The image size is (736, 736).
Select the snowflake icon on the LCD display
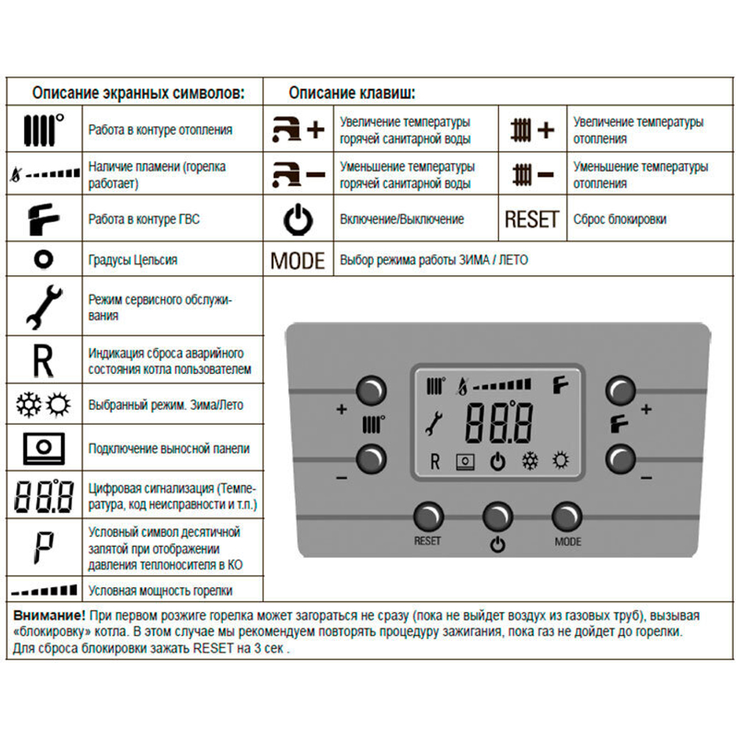(x=529, y=462)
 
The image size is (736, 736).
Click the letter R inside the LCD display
(x=434, y=462)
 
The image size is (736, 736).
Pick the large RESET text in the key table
(x=531, y=219)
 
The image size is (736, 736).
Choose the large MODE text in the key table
(x=297, y=261)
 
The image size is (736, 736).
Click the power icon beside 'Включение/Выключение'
(x=298, y=219)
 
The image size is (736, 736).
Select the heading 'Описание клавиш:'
(x=351, y=93)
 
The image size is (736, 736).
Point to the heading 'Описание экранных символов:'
(x=136, y=93)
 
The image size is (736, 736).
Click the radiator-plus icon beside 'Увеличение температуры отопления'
(x=531, y=130)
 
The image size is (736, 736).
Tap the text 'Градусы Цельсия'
(x=132, y=260)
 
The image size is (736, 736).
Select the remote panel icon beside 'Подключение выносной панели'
(x=43, y=447)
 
